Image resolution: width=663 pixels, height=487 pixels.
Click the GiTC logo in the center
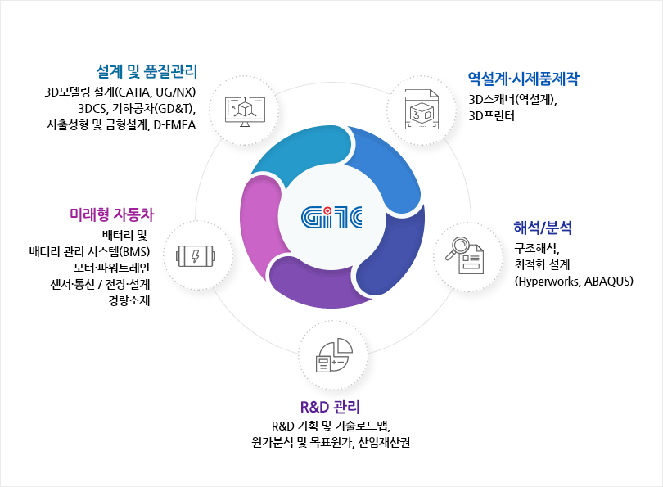click(x=331, y=217)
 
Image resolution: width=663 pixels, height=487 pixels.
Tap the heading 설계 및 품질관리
click(x=147, y=71)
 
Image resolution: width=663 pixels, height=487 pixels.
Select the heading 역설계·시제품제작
click(x=524, y=79)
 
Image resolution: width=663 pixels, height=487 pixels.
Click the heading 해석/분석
click(x=543, y=228)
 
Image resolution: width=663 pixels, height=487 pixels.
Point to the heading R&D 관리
click(x=330, y=407)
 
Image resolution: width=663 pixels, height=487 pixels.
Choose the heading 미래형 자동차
click(x=112, y=214)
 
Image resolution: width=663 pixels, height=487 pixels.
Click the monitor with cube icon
click(x=245, y=111)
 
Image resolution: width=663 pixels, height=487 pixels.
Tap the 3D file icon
click(x=422, y=109)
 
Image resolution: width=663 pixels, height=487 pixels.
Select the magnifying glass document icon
click(x=465, y=255)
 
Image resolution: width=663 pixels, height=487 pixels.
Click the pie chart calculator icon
click(x=334, y=355)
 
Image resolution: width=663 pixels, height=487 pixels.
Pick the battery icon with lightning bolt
click(x=196, y=255)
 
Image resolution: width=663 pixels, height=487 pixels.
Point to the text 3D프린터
click(x=491, y=116)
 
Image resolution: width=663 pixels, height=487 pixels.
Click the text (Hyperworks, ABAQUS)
click(x=574, y=281)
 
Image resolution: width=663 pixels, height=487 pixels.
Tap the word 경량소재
click(x=129, y=300)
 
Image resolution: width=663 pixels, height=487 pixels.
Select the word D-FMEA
click(x=174, y=125)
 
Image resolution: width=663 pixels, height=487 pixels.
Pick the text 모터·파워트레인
click(x=111, y=268)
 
